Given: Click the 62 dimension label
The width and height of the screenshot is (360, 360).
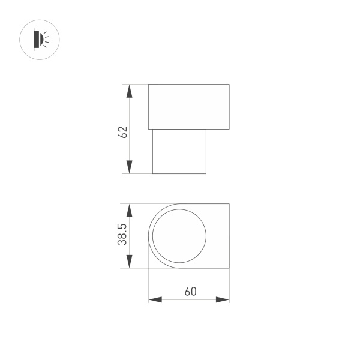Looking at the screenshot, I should click(x=123, y=132).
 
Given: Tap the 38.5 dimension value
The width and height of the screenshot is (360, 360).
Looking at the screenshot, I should click(x=122, y=236).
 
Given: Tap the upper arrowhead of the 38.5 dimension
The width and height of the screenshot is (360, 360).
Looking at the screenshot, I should click(x=128, y=211).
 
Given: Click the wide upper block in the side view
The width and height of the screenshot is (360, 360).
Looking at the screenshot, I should click(x=189, y=107).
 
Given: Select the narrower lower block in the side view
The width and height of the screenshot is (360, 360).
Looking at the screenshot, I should click(x=179, y=151).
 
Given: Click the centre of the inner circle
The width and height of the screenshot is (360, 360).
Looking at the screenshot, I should click(x=179, y=236).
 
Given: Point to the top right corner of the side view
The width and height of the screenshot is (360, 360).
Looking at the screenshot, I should click(x=229, y=85).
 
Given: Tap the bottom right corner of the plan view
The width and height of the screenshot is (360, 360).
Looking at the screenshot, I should click(x=229, y=268).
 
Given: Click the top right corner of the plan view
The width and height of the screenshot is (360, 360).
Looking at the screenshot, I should click(x=229, y=204).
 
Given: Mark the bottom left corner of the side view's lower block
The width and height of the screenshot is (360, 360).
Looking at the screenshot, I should click(x=152, y=173).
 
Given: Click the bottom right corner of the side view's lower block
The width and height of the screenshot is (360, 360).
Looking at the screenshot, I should click(x=206, y=173).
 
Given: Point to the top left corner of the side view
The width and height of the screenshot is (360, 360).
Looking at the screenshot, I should click(x=149, y=85).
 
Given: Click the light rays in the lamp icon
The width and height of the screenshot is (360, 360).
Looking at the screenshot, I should click(x=47, y=40).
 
